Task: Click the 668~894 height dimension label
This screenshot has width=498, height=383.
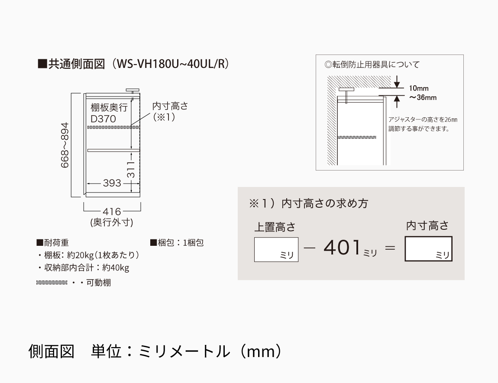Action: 65,145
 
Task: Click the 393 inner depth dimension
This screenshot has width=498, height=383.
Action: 112,183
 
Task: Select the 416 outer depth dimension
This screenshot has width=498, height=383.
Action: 112,212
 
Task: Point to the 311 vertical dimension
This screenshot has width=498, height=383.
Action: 131,170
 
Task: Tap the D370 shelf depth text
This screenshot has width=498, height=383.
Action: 103,118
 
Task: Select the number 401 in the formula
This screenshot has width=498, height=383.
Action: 342,248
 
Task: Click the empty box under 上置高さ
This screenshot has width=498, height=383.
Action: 276,250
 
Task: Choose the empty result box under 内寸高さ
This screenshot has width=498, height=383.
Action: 428,249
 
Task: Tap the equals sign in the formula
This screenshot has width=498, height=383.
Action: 390,249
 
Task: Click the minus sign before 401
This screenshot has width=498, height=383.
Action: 309,249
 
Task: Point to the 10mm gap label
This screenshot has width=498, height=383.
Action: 419,88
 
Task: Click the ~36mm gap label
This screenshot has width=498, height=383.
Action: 423,98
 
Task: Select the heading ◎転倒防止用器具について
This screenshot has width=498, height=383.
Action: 372,65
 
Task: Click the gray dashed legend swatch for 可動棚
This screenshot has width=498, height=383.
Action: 52,283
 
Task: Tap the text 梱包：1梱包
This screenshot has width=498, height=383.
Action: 177,243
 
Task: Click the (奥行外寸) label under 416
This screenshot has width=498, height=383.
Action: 111,223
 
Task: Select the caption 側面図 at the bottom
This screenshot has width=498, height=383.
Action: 51,351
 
